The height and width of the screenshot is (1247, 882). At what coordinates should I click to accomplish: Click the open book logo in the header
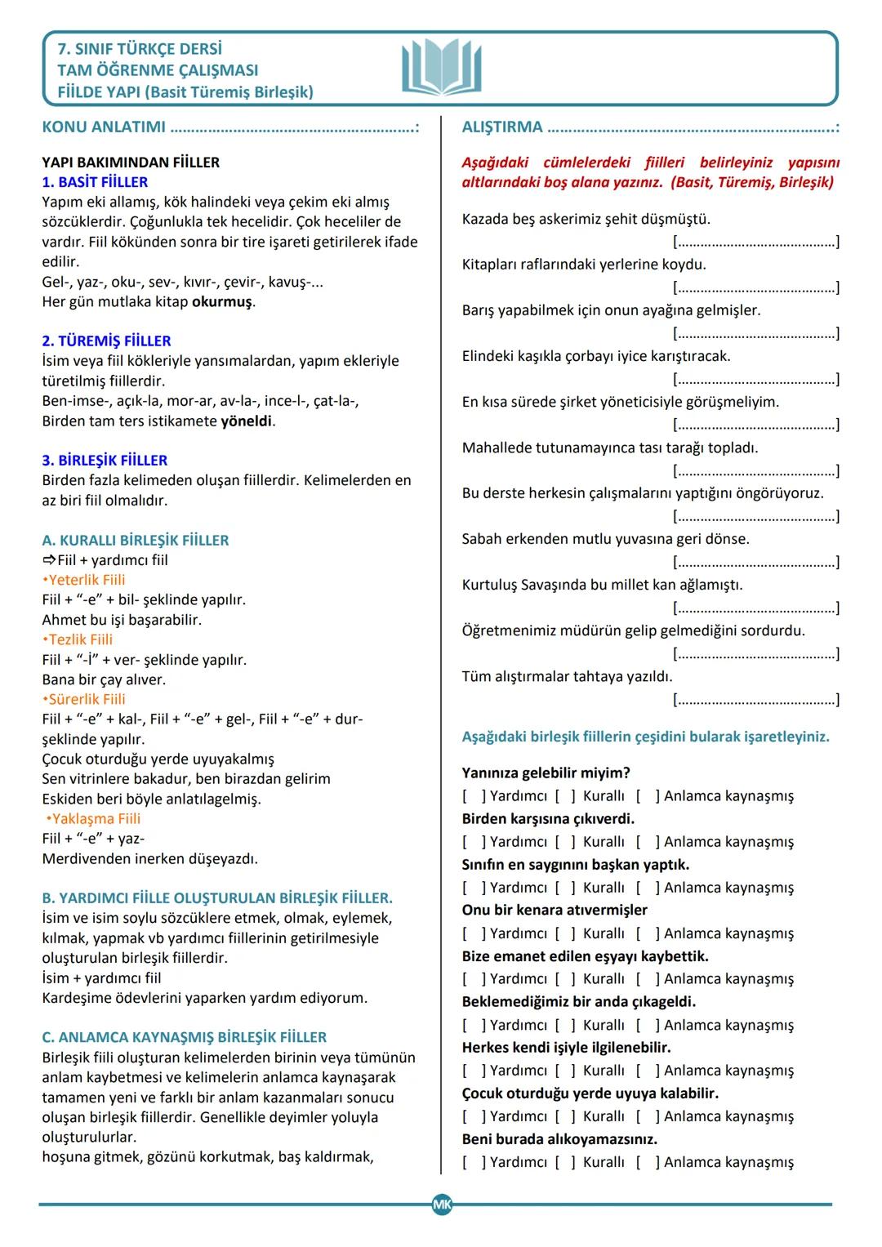pyautogui.click(x=442, y=68)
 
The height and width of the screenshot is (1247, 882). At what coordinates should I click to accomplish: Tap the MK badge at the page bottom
pyautogui.click(x=442, y=1204)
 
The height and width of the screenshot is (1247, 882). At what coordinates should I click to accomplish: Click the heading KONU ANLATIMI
pyautogui.click(x=104, y=127)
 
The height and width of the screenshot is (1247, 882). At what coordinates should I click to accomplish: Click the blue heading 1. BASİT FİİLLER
pyautogui.click(x=95, y=182)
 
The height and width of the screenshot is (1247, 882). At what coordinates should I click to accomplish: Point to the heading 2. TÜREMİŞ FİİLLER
pyautogui.click(x=106, y=341)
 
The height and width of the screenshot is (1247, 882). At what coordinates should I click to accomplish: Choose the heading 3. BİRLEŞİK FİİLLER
pyautogui.click(x=105, y=460)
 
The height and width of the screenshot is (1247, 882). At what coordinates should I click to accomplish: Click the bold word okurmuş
pyautogui.click(x=222, y=302)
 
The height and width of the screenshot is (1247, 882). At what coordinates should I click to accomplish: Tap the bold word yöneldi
pyautogui.click(x=247, y=421)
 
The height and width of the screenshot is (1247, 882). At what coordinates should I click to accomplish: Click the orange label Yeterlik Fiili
pyautogui.click(x=86, y=580)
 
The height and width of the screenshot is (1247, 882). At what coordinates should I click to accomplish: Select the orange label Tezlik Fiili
pyautogui.click(x=79, y=639)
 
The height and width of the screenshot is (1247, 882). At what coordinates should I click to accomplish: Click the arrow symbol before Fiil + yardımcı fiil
pyautogui.click(x=49, y=560)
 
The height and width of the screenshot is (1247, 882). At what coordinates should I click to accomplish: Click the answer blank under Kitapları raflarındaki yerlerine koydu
pyautogui.click(x=756, y=287)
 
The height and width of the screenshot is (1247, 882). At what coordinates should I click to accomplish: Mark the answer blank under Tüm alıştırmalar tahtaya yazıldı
pyautogui.click(x=756, y=700)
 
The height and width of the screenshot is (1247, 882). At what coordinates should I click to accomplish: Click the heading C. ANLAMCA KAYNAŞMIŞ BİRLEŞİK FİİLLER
pyautogui.click(x=185, y=1037)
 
